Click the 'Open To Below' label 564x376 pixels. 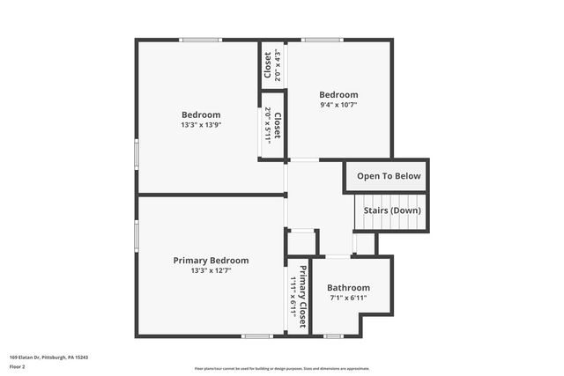[389, 176]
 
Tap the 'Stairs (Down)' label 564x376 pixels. [392, 211]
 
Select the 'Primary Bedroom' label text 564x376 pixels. [211, 261]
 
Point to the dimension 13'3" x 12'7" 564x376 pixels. [211, 271]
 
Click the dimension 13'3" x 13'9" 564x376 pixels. [201, 125]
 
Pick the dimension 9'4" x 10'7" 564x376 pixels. [338, 105]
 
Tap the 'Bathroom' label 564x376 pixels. [348, 288]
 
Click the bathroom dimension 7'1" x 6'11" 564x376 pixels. [348, 299]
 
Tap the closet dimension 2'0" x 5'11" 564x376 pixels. [268, 125]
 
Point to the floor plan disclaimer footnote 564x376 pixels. [282, 368]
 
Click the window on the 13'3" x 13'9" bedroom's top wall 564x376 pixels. [201, 40]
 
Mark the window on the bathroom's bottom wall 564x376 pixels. [333, 336]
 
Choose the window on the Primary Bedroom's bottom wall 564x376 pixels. [256, 336]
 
